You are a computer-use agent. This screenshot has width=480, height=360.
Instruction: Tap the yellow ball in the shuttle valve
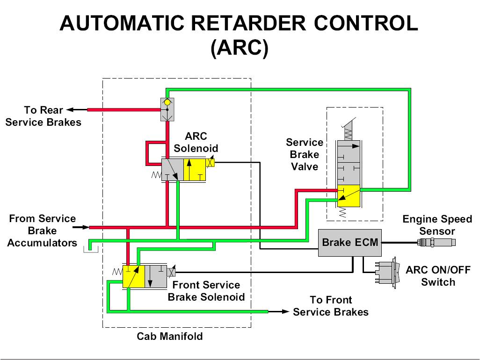pos(167,102)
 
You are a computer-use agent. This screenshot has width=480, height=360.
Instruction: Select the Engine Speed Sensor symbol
pos(436,242)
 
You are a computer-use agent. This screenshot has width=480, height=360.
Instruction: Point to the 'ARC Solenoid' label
pos(196,143)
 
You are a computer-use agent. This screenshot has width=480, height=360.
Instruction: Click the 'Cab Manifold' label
pos(170,336)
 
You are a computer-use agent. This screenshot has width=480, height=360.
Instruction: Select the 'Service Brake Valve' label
pos(305,154)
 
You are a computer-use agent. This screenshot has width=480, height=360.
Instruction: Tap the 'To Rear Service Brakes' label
pos(43,116)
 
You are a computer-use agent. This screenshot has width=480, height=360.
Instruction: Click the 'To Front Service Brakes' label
pos(331,306)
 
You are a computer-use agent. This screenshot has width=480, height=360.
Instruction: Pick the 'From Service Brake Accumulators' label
pos(42,230)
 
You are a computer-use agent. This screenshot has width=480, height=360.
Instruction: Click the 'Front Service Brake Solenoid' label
pos(206,291)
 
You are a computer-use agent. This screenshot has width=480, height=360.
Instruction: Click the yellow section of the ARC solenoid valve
pos(195,170)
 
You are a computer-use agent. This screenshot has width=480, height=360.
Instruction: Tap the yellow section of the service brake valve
pos(349,196)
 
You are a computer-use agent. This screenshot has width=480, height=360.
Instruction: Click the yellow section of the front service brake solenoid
pos(133,276)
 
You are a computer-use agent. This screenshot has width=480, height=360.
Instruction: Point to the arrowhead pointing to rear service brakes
pos(71,110)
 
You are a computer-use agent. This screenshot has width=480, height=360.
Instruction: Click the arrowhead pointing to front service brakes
pos(284,311)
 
